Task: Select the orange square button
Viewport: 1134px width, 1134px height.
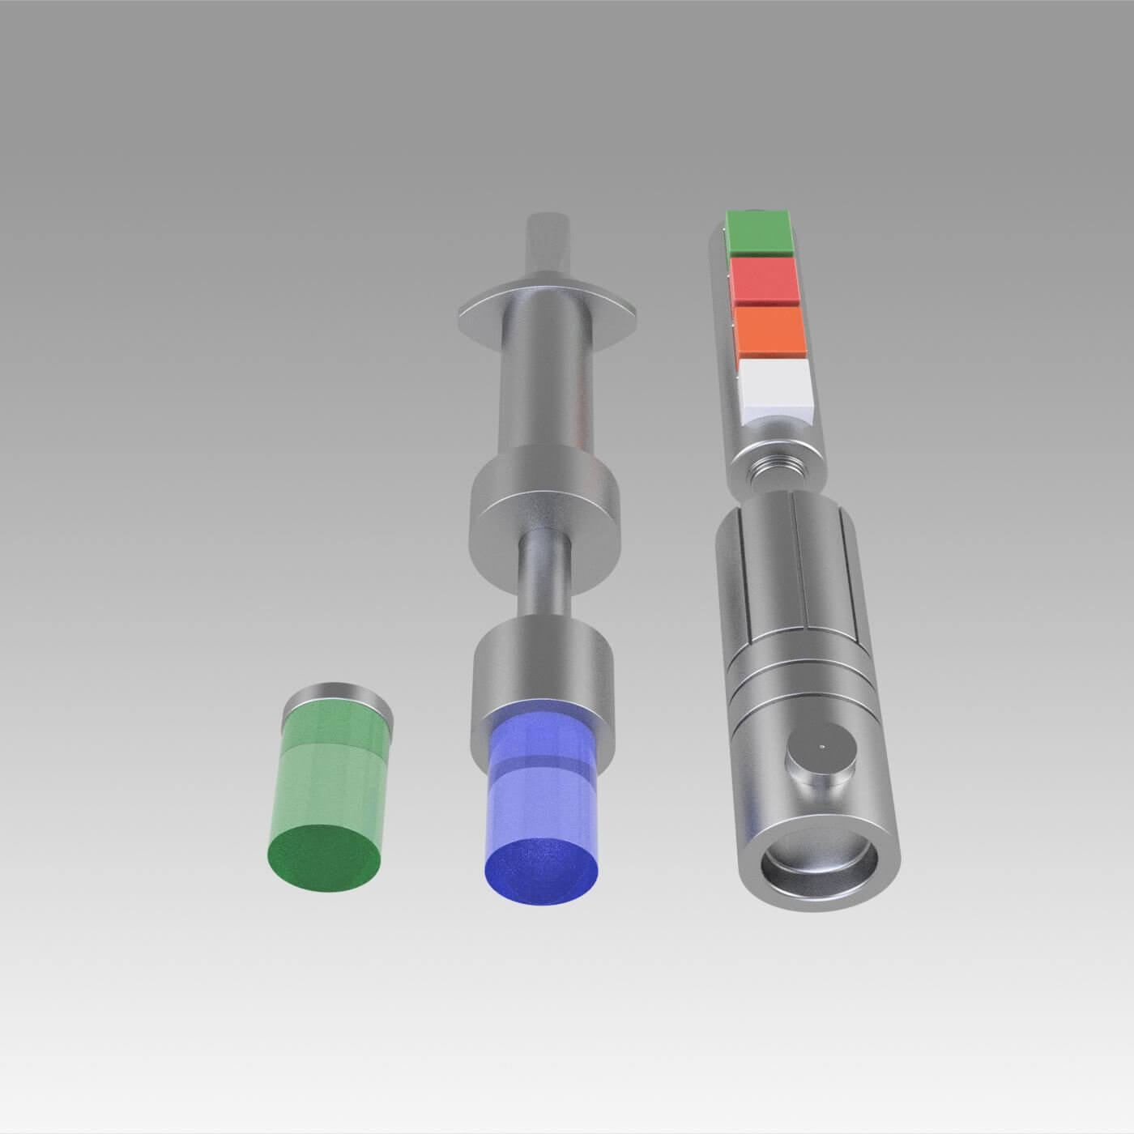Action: [769, 330]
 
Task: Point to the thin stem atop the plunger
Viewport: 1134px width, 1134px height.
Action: [548, 243]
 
